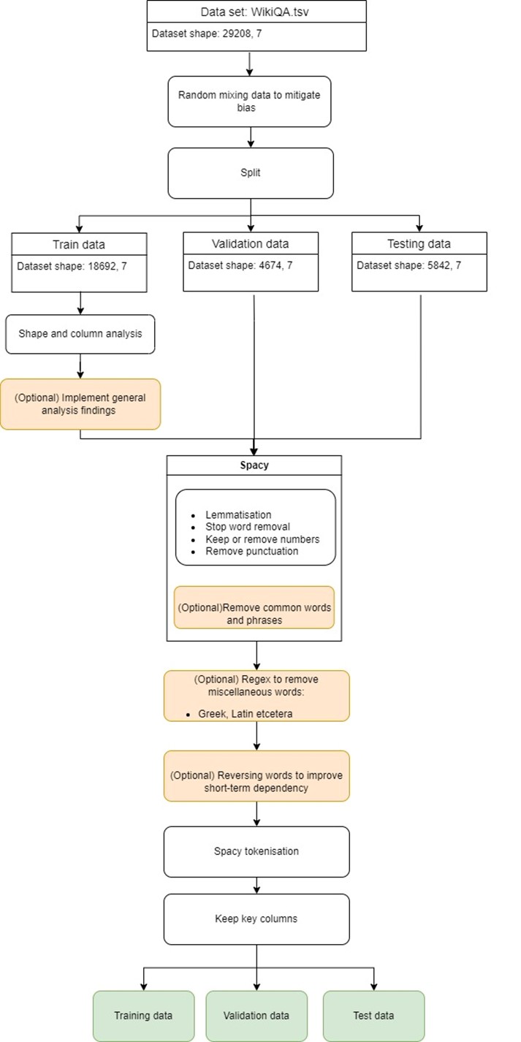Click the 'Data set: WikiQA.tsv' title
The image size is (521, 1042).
click(x=254, y=12)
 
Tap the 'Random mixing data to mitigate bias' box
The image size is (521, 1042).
click(x=249, y=102)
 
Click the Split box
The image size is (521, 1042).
click(x=251, y=173)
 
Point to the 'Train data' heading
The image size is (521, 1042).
click(x=79, y=244)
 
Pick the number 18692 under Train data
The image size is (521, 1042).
click(x=102, y=266)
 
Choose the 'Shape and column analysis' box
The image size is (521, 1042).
click(x=80, y=334)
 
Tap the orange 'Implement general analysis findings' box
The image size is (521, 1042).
click(x=80, y=404)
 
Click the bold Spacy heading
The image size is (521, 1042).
click(x=254, y=465)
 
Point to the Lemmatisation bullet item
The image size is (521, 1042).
click(x=238, y=515)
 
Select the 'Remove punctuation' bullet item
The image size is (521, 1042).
click(x=251, y=551)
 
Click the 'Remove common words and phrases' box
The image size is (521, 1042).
click(x=254, y=607)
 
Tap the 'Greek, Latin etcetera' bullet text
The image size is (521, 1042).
click(x=245, y=714)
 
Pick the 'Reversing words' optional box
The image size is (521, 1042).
click(x=256, y=776)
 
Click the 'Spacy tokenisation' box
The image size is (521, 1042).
click(x=256, y=852)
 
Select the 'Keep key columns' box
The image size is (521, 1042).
click(x=256, y=919)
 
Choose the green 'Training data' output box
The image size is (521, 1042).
click(x=143, y=1016)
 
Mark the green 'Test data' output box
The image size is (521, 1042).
click(x=373, y=1016)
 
